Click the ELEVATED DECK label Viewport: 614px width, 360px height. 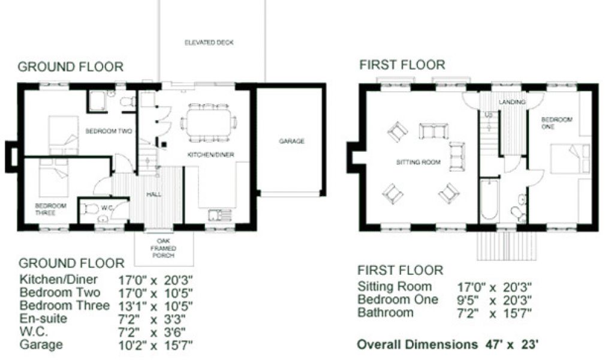coord(209,43)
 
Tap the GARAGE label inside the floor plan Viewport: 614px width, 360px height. coord(292,141)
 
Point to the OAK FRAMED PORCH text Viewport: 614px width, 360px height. coord(163,248)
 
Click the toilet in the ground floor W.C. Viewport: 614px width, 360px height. coord(89,209)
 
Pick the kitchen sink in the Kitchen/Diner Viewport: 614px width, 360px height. coord(220,215)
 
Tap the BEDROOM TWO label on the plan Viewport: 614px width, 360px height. coord(109,131)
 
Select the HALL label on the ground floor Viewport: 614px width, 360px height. coord(154,194)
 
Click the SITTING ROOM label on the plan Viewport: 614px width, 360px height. coord(418,162)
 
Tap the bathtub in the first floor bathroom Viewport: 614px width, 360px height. coord(489,200)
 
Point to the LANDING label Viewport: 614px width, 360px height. coord(512,102)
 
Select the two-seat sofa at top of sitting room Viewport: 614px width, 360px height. coord(434,131)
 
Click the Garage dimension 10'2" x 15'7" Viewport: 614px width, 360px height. coord(155,345)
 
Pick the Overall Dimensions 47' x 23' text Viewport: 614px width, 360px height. coord(448,344)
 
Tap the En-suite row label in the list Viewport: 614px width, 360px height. coord(43,319)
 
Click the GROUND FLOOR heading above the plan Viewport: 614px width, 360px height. coord(71,67)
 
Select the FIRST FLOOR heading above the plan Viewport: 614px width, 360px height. coord(402,65)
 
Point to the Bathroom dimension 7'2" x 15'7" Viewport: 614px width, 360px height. coord(495,313)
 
